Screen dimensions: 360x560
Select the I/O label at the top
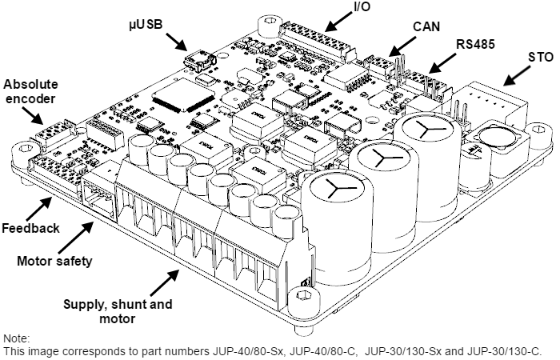(x=339, y=9)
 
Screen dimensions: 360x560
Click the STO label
(x=541, y=58)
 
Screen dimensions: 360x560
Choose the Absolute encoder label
(x=30, y=92)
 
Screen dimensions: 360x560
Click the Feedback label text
(x=30, y=228)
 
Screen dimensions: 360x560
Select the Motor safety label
(x=54, y=260)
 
